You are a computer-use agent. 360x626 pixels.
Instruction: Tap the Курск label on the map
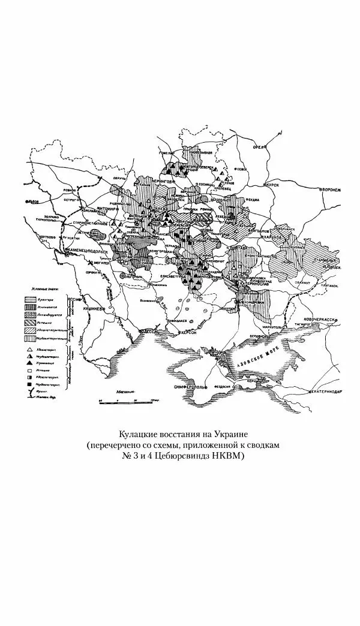coord(275,185)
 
